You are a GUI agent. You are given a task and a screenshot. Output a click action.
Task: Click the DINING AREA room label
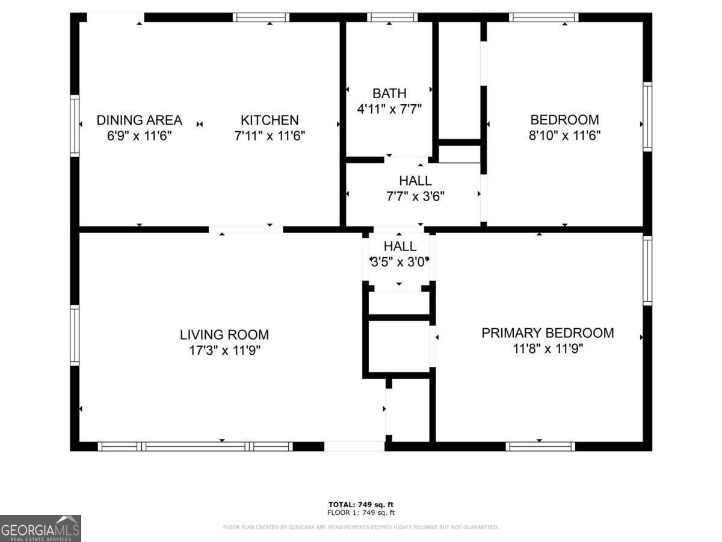[x=139, y=120]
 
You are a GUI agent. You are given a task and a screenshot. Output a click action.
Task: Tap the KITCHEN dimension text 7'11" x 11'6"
[x=270, y=136]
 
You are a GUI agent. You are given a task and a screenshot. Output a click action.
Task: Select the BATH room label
[x=389, y=93]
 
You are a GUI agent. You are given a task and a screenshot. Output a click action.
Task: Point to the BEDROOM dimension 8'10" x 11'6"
[x=564, y=135]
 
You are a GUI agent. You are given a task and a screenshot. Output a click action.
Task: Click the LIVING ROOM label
[x=224, y=334]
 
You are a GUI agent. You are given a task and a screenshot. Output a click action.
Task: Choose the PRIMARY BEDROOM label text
[x=548, y=332]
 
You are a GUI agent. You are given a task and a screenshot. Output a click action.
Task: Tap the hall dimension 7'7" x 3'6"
[x=415, y=196]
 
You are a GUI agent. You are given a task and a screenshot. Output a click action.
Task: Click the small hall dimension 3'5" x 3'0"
[x=400, y=261]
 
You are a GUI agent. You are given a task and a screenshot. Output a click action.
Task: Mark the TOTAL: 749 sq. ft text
[x=361, y=504]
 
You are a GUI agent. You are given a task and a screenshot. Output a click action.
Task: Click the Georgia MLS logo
[x=40, y=528]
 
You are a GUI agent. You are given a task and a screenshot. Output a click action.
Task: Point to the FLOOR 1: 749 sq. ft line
[x=361, y=513]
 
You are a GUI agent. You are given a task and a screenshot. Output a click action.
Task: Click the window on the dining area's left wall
[x=75, y=126]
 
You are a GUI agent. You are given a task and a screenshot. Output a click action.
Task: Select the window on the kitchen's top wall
[x=261, y=17]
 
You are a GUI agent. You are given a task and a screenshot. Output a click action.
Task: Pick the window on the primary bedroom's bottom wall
[x=540, y=446]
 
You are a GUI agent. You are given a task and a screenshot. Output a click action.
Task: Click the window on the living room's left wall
[x=75, y=335]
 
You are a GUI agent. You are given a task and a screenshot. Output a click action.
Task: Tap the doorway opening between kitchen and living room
[x=245, y=229]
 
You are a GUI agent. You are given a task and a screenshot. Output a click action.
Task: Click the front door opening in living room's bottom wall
[x=354, y=446]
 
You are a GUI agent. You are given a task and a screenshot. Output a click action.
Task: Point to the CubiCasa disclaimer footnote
[x=361, y=528]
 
